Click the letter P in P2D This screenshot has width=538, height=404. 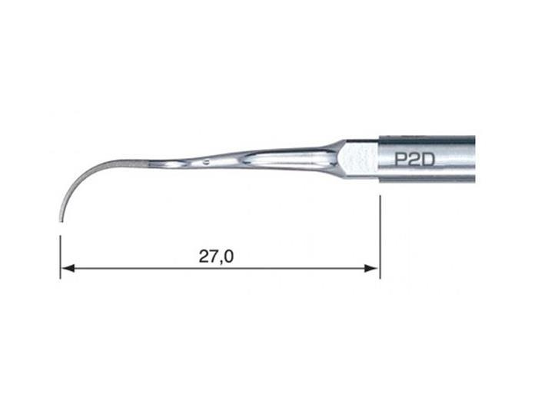point(401,160)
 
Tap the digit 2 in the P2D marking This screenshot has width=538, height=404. point(414,160)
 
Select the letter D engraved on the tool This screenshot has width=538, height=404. point(427,160)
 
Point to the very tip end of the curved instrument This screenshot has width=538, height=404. point(61,221)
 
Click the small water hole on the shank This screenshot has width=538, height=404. point(206,162)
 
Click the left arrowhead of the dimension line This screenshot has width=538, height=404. point(68,268)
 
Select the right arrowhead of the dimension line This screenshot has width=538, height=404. point(371,268)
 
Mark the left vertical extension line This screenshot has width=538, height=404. point(61,257)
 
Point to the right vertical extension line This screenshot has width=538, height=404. point(380,237)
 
